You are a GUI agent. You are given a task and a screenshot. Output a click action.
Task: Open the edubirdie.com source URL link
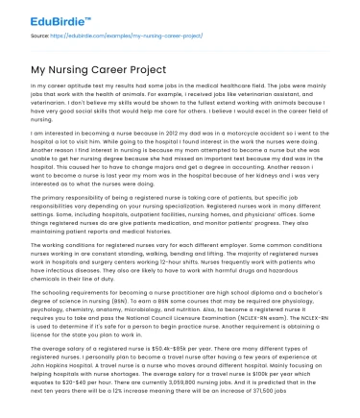click(110, 36)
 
